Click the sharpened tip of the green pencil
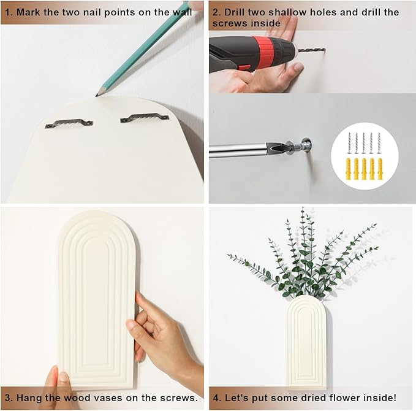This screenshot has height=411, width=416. click(96, 96)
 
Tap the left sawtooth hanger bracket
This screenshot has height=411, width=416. click(69, 123)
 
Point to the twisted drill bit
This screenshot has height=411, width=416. click(311, 50)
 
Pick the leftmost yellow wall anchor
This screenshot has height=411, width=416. click(349, 169)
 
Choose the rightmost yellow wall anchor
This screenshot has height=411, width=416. click(380, 169)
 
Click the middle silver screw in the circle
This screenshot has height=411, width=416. click(364, 143)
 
